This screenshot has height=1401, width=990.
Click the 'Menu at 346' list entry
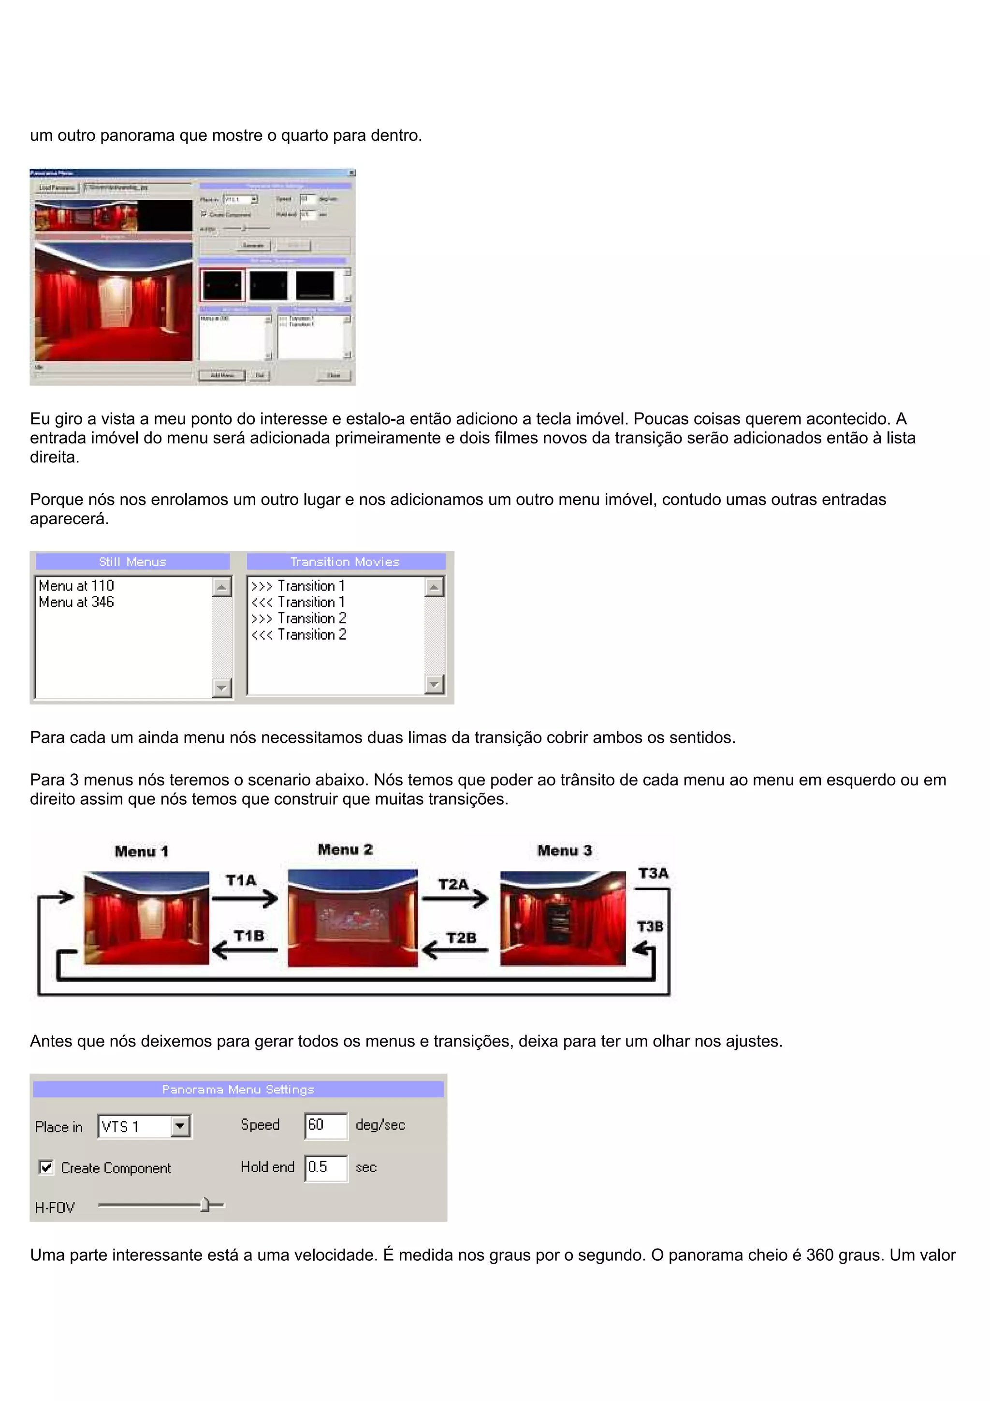coord(76,602)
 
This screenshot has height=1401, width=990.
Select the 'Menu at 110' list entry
coord(76,586)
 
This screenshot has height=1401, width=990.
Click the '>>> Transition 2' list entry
coord(299,618)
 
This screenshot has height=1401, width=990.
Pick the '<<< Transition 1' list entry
coord(298,602)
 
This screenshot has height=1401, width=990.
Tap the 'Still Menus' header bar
coord(132,561)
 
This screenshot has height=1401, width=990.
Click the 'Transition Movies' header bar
coord(345,561)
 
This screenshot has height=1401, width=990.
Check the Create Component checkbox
coord(46,1167)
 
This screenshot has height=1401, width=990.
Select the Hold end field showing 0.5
coord(325,1167)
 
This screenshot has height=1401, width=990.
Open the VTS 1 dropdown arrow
coord(181,1126)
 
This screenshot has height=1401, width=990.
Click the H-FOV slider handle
coord(205,1205)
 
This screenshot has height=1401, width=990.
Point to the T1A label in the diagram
coord(241,880)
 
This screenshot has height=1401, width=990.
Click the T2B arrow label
coord(461,938)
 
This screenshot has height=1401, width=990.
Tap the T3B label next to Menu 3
coord(650,926)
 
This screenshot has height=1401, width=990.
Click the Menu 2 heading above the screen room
coord(345,849)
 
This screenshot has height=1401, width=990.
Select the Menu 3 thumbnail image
coord(562,918)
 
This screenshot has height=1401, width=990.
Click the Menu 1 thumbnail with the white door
coord(146,918)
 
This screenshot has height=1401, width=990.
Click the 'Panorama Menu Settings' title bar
coord(238,1089)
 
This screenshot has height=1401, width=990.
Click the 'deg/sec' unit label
coord(380,1124)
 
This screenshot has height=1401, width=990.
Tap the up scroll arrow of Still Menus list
coord(221,587)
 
